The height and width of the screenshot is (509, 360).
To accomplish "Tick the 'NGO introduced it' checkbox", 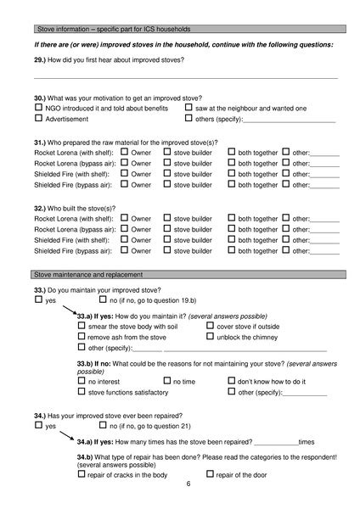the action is tap(38, 108).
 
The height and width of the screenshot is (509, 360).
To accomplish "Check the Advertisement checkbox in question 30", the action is tap(38, 119).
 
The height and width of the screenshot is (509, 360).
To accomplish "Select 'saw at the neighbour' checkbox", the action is tap(188, 108).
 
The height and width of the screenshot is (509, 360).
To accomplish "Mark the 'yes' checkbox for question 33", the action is tap(38, 299).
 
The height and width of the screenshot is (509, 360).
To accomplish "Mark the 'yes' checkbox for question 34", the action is tap(38, 426).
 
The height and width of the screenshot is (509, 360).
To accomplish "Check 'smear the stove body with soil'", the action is tap(82, 325).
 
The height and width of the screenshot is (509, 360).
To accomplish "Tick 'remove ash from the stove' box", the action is tap(82, 336).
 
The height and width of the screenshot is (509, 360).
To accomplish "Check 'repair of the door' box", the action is tap(211, 474).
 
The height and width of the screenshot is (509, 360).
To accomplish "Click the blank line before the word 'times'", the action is tap(276, 442).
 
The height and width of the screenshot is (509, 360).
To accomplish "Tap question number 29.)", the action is tap(40, 59).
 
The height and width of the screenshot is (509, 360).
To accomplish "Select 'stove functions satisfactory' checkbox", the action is tap(82, 393).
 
